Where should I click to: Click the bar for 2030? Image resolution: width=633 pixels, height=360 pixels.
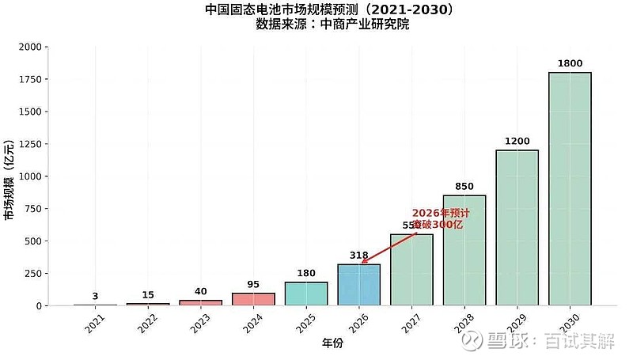(x=570, y=189)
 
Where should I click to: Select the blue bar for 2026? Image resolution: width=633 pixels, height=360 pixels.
(x=358, y=285)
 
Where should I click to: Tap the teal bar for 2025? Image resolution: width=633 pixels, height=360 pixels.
(x=306, y=294)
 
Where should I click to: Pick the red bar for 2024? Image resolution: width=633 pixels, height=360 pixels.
(x=253, y=299)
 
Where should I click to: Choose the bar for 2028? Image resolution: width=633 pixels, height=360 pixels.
(x=464, y=250)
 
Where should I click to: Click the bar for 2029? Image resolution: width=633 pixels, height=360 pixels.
(x=517, y=228)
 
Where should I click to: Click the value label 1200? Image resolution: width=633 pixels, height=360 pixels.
(x=517, y=141)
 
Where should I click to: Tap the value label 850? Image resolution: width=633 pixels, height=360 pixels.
(x=464, y=187)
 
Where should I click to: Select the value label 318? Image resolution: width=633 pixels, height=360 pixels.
(x=358, y=256)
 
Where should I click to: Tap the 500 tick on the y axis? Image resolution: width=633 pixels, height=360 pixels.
(x=32, y=241)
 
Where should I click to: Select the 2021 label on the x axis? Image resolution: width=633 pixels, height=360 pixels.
(x=94, y=322)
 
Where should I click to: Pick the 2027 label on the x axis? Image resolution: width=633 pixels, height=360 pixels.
(x=409, y=322)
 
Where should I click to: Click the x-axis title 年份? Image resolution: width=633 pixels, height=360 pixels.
(x=333, y=343)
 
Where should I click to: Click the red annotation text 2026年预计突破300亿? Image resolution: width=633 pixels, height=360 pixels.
(x=440, y=219)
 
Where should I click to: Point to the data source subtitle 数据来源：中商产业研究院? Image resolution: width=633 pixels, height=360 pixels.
(x=332, y=25)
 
